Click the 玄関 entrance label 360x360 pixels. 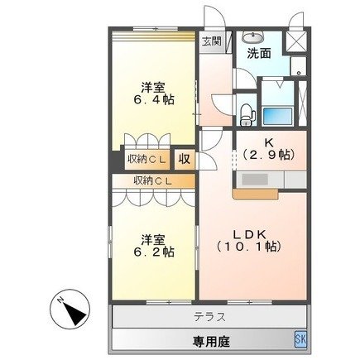(x=210, y=41)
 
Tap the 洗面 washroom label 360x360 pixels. (x=258, y=54)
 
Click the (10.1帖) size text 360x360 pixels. (x=249, y=247)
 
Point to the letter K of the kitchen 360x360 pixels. (x=269, y=141)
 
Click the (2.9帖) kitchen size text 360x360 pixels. (x=269, y=155)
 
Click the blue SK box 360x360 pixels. (x=300, y=338)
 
